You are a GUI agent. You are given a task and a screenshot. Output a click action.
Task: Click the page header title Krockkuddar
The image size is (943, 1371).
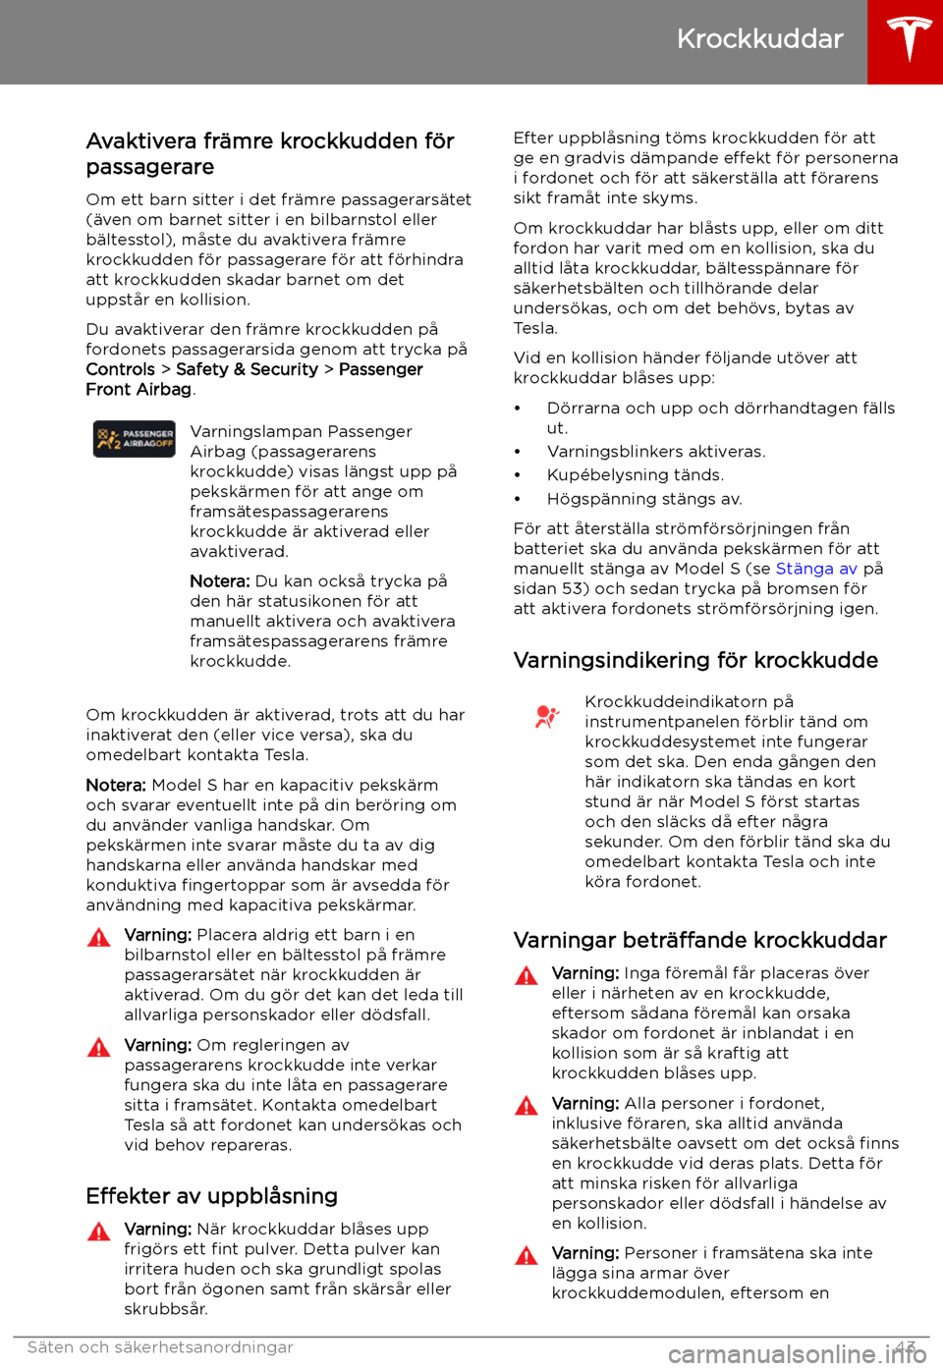click(759, 39)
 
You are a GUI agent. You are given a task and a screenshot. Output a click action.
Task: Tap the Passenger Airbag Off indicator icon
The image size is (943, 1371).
click(135, 439)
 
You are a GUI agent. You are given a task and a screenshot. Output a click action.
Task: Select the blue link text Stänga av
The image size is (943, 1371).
click(816, 569)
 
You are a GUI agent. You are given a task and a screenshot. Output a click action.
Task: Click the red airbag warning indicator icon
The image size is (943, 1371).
click(546, 717)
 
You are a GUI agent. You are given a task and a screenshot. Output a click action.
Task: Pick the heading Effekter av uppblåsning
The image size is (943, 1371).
click(211, 1196)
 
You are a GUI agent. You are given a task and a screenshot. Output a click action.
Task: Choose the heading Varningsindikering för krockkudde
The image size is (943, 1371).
click(695, 660)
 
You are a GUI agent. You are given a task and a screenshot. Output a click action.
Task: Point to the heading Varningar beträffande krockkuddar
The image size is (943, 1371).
click(699, 940)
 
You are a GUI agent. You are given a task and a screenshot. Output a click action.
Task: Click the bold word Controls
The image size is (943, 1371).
click(120, 369)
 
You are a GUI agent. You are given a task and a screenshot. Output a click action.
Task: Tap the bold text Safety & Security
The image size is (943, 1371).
click(247, 369)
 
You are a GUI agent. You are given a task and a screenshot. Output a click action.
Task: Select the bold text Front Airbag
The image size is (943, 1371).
click(139, 390)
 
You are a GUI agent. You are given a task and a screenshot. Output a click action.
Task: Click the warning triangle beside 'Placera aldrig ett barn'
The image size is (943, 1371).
click(99, 937)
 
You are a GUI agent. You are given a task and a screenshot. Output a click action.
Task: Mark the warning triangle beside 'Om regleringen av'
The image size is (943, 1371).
click(99, 1047)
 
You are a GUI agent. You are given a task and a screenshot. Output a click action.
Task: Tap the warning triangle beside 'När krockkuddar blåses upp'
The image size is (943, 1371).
click(99, 1231)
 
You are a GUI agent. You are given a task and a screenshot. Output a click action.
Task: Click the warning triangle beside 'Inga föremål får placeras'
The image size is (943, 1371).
click(527, 975)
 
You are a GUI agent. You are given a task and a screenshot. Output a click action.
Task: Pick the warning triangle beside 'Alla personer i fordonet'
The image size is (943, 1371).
click(527, 1106)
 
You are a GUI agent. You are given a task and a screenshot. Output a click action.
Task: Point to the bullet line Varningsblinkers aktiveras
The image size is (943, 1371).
click(655, 452)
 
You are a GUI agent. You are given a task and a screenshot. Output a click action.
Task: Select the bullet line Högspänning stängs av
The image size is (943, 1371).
click(644, 499)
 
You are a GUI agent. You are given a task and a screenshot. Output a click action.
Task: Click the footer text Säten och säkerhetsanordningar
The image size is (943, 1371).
click(160, 1347)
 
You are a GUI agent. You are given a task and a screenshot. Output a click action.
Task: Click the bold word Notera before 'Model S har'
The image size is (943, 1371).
click(116, 786)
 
